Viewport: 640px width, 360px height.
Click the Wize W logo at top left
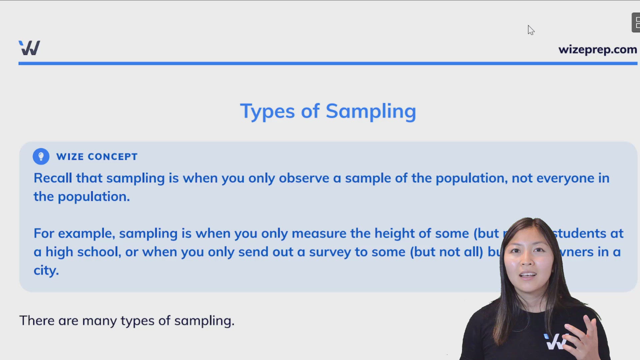tap(29, 48)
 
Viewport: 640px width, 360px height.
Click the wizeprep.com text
tap(597, 50)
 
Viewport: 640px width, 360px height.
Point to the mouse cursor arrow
tap(531, 30)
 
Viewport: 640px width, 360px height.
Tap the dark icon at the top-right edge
tap(636, 23)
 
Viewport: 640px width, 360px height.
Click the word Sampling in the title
tap(371, 111)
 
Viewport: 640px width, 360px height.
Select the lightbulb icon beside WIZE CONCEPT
tap(41, 156)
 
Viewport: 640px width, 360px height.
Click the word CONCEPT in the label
tap(112, 157)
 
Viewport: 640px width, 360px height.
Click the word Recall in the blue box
tap(53, 178)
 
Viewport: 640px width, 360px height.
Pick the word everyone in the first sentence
tap(565, 178)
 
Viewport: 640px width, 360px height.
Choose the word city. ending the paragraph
tap(46, 270)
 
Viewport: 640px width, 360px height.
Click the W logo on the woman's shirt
tap(555, 342)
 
